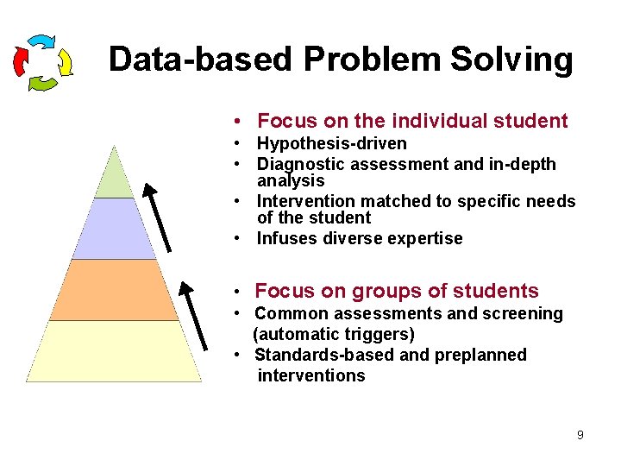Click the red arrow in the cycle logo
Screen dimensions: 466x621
click(x=21, y=60)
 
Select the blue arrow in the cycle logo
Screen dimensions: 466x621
click(x=41, y=42)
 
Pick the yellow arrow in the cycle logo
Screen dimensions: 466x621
click(x=63, y=61)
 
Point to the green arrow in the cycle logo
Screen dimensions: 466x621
click(x=43, y=83)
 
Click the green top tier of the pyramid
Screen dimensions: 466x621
click(x=114, y=177)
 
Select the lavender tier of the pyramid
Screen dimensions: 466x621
click(x=114, y=229)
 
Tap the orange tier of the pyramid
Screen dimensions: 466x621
click(x=114, y=290)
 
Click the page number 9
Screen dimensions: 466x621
click(x=580, y=435)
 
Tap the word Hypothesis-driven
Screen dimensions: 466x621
click(x=331, y=143)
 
